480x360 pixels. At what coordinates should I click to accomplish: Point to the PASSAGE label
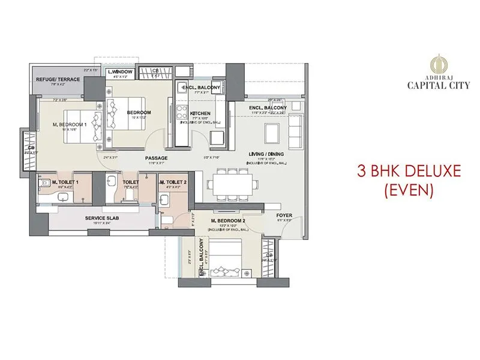[x=157, y=158]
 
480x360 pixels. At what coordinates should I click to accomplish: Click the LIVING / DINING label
[x=266, y=154]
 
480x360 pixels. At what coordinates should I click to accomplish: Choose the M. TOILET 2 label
[x=173, y=181]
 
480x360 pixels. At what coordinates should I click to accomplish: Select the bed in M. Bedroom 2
[x=229, y=257]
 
